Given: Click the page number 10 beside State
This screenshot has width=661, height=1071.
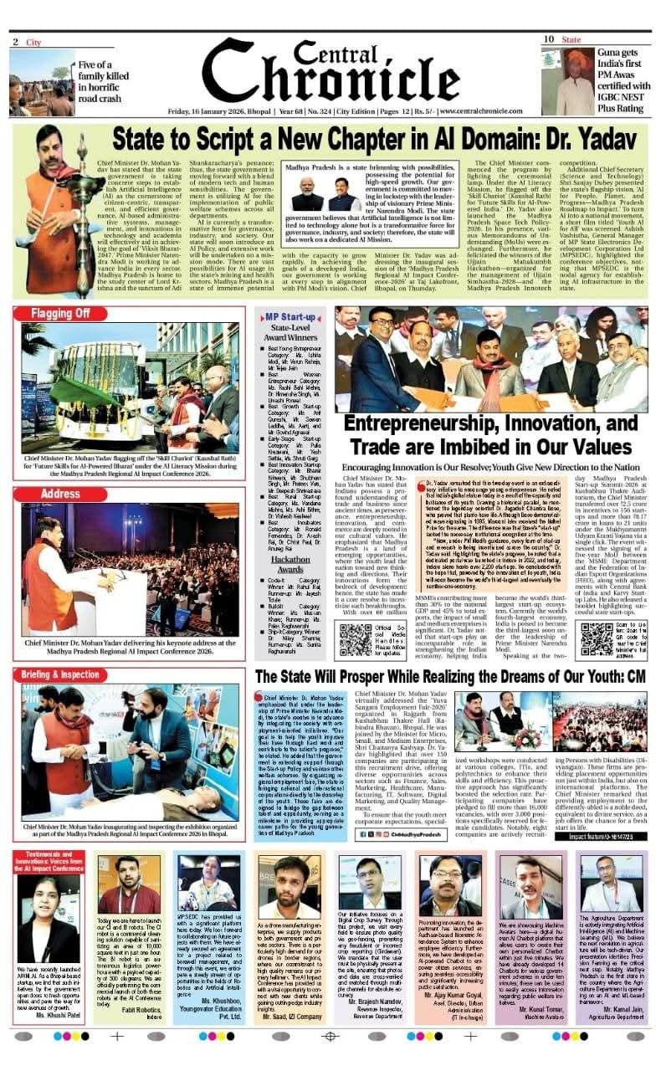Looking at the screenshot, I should (548, 39).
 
